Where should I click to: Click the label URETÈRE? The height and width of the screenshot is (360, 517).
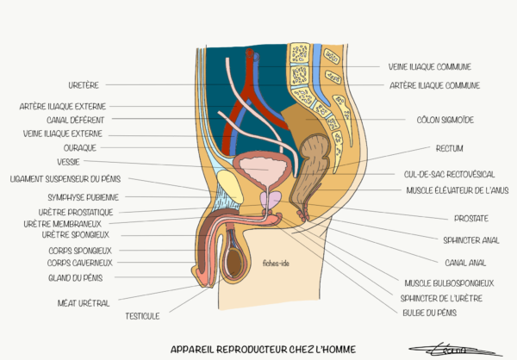coord(84,85)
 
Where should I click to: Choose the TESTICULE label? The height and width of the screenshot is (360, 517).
coord(142,315)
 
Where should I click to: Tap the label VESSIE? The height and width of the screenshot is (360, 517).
coord(69,161)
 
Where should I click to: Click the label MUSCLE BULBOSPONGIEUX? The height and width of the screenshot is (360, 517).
coord(449,282)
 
